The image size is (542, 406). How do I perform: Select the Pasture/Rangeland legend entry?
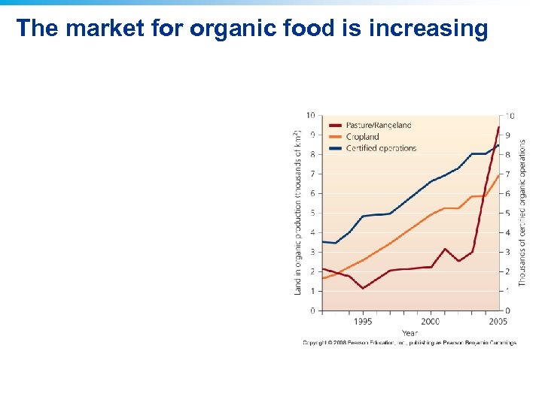(378, 125)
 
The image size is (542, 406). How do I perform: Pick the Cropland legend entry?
(364, 137)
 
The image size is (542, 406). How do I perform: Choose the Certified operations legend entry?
(380, 148)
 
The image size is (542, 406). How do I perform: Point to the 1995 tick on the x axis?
(363, 321)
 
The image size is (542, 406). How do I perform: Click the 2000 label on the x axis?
(431, 321)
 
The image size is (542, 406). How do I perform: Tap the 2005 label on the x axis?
(498, 321)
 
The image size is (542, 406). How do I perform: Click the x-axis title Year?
(410, 332)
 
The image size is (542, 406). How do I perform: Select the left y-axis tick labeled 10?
(310, 115)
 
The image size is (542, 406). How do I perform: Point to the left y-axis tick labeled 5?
(312, 213)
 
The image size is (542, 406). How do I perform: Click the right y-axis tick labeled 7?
(507, 174)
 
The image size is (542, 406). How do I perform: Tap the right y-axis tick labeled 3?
(507, 252)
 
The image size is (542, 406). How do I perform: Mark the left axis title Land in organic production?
(297, 212)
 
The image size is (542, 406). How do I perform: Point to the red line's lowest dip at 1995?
(363, 288)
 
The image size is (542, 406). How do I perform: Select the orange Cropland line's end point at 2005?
(498, 174)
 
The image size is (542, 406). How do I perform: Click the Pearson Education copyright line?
(410, 343)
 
